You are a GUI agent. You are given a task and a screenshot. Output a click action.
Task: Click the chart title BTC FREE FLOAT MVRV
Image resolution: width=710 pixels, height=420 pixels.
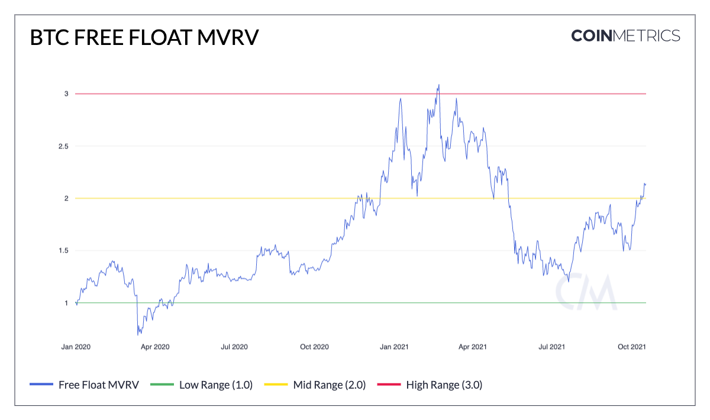144,37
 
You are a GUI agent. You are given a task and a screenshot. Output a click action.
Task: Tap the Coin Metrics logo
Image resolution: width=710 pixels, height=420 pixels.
625,35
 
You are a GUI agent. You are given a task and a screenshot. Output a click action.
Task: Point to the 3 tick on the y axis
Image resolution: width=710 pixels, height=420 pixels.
67,94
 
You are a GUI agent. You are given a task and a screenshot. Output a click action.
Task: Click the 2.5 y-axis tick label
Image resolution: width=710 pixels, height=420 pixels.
64,146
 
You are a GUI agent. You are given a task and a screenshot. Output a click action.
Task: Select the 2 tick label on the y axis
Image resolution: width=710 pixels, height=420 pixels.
67,198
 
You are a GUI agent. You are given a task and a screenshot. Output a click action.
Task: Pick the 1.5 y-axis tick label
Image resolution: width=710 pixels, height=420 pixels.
64,251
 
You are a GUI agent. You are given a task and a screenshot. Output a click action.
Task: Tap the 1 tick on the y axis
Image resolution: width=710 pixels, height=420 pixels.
67,303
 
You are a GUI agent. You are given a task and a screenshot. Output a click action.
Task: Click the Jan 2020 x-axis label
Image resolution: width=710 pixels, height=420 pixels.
76,347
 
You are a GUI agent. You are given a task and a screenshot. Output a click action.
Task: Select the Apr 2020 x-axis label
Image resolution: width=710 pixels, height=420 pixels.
155,347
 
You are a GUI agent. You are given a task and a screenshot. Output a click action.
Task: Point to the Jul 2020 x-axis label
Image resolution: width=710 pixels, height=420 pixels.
234,347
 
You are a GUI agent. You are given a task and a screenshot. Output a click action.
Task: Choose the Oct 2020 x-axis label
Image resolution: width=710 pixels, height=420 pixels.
314,347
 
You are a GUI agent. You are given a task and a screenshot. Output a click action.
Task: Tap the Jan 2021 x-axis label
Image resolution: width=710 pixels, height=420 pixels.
394,347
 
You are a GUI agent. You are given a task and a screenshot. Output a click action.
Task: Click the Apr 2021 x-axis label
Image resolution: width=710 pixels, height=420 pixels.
472,347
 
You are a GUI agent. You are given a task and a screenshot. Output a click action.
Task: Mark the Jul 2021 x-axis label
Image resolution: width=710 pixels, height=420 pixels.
551,347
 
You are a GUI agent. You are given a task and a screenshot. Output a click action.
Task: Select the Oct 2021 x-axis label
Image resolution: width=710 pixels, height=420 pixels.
631,347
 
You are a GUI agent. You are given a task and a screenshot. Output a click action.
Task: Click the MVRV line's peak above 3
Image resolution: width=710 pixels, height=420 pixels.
438,85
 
